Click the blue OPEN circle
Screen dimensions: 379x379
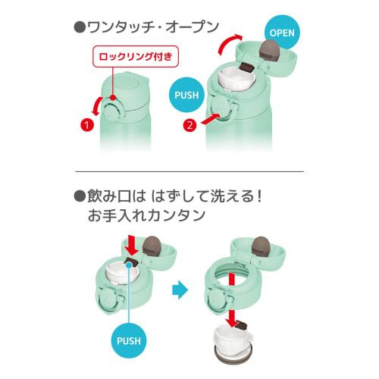(282, 33)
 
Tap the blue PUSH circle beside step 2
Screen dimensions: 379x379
(186, 95)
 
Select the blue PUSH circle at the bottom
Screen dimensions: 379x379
(129, 341)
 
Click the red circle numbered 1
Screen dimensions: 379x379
(87, 125)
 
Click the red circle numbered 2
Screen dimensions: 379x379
(189, 125)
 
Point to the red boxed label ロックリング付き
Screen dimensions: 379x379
(136, 56)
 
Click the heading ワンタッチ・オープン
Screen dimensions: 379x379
(146, 27)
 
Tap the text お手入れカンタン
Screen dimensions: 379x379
(146, 215)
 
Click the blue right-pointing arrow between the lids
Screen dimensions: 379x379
(180, 290)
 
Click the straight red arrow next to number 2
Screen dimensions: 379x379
(211, 119)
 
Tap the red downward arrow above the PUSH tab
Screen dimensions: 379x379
(132, 245)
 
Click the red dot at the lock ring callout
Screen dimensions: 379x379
(114, 98)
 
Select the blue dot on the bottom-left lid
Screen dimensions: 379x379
(129, 265)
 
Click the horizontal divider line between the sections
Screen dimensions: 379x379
(189, 171)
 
